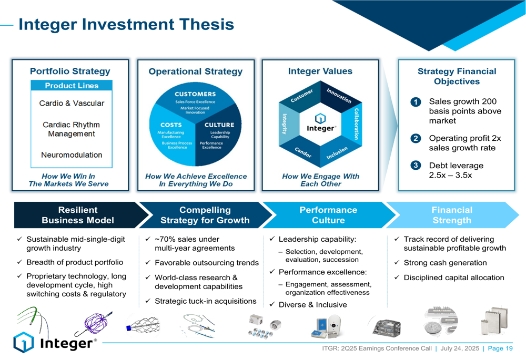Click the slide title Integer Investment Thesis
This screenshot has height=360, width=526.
point(126,24)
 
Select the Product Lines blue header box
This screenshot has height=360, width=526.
point(72,86)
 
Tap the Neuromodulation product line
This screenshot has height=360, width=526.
point(72,155)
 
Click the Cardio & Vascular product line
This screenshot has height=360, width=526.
point(72,104)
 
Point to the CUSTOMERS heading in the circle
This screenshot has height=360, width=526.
point(195,94)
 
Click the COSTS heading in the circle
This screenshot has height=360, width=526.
point(171,125)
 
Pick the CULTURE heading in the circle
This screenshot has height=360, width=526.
point(219,125)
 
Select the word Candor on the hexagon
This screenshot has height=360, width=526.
point(302,152)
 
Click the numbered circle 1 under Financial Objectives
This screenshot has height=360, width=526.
point(416,102)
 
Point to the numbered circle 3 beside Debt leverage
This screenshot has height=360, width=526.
point(416,166)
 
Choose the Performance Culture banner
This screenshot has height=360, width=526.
point(328,215)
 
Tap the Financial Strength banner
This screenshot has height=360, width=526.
point(452,215)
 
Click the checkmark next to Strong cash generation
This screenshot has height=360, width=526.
point(397,263)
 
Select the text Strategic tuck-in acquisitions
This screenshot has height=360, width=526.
point(205,301)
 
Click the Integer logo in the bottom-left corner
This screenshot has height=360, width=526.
point(55,343)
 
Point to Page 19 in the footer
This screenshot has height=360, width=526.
point(500,348)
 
